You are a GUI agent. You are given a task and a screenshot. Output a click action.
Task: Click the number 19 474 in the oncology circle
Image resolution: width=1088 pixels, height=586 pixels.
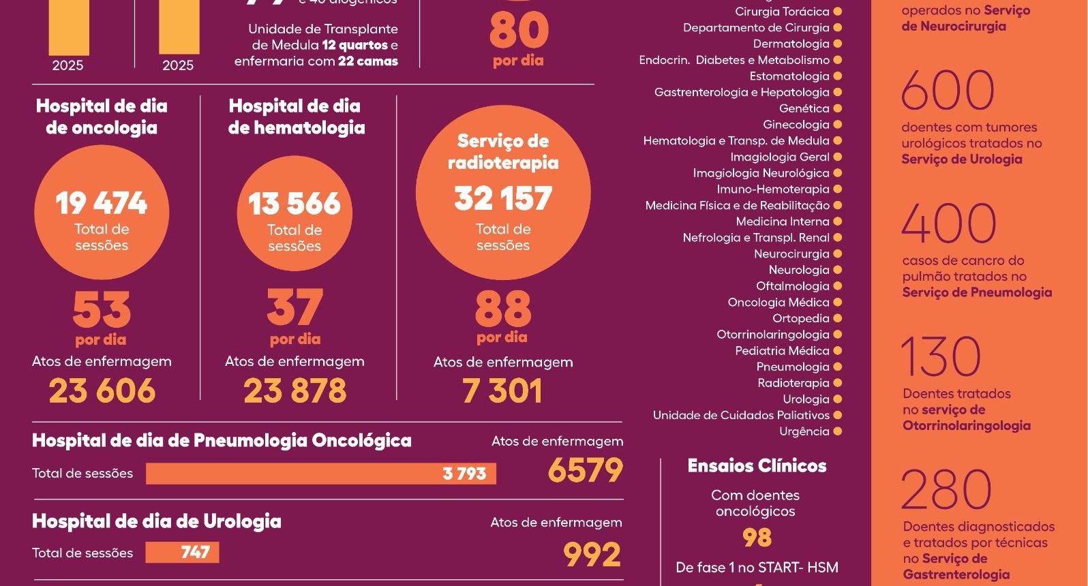tap(101, 203)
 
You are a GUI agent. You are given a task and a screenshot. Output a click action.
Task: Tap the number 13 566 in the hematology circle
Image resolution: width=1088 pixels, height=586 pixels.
tap(294, 204)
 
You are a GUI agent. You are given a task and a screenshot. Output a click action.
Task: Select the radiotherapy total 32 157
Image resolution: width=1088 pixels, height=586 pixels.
tap(503, 198)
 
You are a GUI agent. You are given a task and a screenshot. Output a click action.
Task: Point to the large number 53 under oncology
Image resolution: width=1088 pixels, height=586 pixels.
tap(102, 309)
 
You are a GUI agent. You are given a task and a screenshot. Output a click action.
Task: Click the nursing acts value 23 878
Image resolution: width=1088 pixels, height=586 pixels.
tap(294, 391)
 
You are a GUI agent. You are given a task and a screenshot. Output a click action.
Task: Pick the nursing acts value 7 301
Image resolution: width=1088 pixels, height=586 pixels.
tap(502, 391)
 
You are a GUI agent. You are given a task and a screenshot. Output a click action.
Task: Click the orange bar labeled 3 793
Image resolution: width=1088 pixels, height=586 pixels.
tap(320, 474)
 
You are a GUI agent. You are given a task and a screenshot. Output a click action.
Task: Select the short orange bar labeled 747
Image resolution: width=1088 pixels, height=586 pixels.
tap(182, 552)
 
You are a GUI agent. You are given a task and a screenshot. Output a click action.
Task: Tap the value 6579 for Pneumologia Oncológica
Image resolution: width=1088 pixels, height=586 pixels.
tap(586, 470)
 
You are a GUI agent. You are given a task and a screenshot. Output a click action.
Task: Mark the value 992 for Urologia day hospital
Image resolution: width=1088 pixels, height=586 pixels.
tap(592, 555)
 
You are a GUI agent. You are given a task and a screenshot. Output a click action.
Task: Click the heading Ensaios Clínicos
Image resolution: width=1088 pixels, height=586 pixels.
tap(757, 466)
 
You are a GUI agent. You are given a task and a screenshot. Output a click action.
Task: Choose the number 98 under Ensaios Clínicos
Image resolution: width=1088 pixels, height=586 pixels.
tap(757, 538)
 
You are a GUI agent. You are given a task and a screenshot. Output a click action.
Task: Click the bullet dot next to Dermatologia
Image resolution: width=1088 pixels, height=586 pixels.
tap(838, 44)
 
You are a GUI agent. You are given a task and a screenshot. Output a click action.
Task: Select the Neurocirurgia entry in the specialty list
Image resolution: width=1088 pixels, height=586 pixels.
tap(791, 254)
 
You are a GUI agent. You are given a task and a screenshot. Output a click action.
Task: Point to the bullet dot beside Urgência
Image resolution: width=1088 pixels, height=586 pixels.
tap(838, 431)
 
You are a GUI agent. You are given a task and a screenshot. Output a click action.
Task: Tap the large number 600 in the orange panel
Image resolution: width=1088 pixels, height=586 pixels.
tap(948, 91)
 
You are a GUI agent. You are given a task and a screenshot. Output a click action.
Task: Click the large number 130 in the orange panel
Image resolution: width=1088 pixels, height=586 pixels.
tap(941, 356)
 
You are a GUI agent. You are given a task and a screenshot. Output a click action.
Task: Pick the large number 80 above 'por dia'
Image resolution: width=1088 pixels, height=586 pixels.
tap(519, 31)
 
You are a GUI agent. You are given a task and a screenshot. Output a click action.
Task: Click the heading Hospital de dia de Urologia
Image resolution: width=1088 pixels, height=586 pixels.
tap(156, 521)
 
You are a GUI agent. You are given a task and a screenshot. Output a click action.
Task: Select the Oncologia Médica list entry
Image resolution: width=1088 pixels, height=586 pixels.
tap(778, 303)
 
